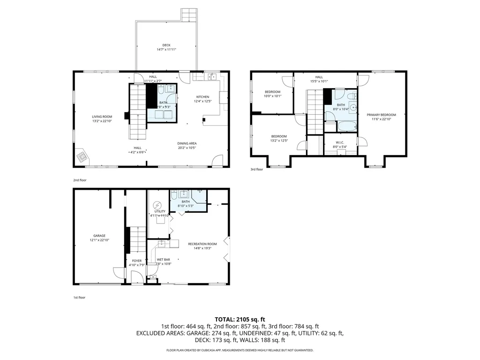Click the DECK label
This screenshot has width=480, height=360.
click(x=166, y=45)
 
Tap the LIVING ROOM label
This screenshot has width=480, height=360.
click(x=102, y=117)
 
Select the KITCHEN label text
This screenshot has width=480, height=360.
click(x=202, y=97)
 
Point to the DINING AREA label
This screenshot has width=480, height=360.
click(x=187, y=143)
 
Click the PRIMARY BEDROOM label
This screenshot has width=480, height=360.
click(x=381, y=115)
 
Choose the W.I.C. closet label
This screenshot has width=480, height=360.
click(x=340, y=142)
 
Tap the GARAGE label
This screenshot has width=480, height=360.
click(x=99, y=236)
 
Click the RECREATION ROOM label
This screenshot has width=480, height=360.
click(x=202, y=244)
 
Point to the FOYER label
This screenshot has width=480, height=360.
click(x=136, y=261)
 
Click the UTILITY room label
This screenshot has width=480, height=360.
click(x=160, y=211)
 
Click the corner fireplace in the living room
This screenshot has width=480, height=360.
click(x=82, y=156)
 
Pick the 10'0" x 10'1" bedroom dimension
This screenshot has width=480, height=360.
click(x=272, y=96)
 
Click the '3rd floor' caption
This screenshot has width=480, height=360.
click(x=257, y=169)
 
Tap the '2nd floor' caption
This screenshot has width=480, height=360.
click(x=80, y=180)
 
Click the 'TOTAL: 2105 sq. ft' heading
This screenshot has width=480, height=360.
click(x=240, y=319)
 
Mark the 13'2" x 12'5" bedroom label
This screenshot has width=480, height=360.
click(x=278, y=138)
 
